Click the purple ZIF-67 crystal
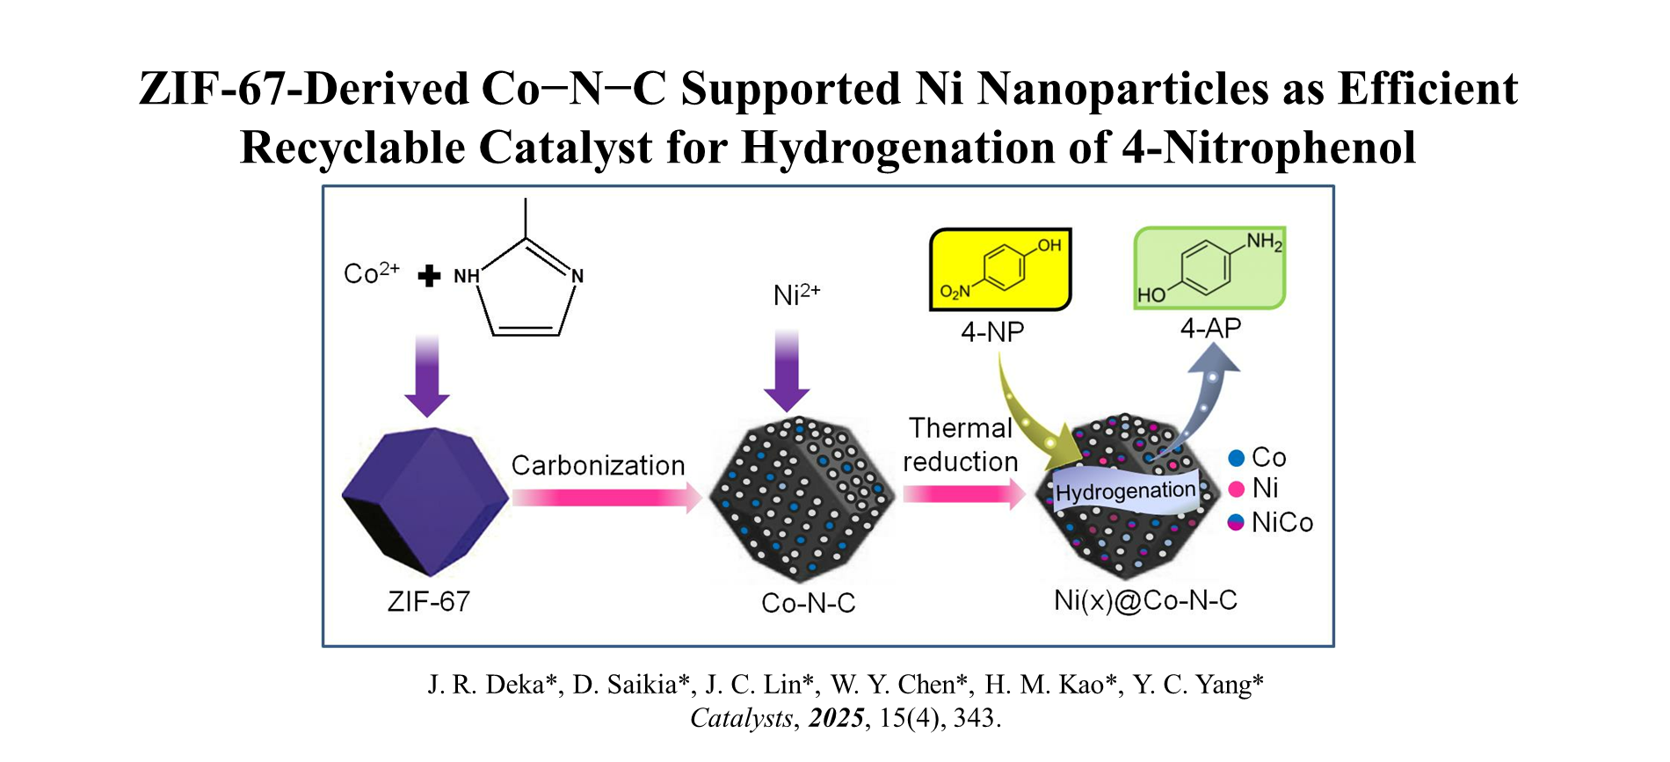425,501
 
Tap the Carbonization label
598,466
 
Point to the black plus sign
429,276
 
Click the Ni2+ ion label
796,294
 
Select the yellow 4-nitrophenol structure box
1000,269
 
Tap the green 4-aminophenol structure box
1209,267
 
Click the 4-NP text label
992,332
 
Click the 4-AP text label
1210,329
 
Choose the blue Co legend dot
1236,458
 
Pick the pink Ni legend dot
1236,489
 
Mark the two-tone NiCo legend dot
1236,522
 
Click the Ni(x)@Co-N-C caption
1145,600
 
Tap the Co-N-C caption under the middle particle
808,603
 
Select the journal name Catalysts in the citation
741,718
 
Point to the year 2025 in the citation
836,718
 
